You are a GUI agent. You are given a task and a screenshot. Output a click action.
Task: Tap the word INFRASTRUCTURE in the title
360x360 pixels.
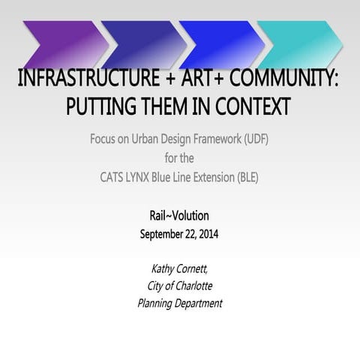[83, 79]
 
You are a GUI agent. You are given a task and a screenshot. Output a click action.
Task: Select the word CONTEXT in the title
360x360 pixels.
[253, 106]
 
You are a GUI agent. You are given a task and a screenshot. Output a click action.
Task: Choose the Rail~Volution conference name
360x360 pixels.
[179, 216]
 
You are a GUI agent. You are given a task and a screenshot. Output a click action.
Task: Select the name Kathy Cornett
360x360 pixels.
[179, 268]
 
